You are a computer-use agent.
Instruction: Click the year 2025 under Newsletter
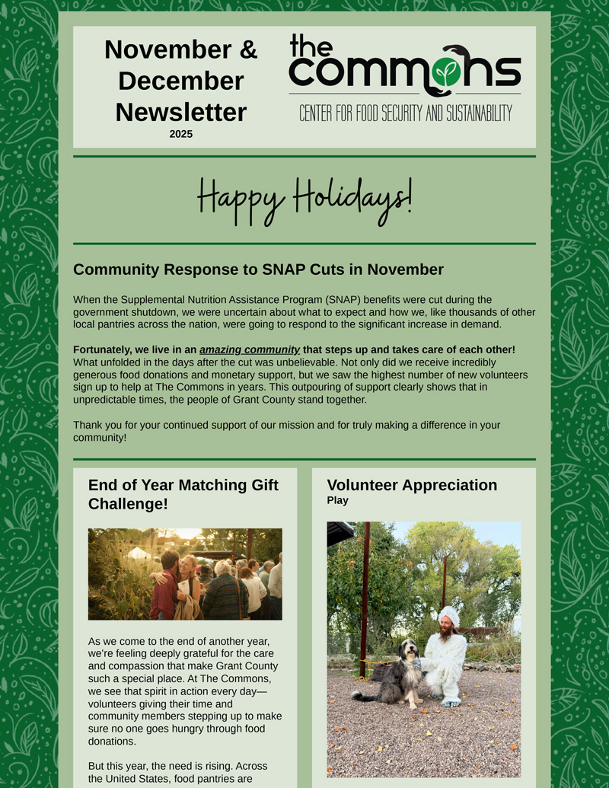pos(181,134)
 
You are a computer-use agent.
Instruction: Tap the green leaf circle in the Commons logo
pos(447,72)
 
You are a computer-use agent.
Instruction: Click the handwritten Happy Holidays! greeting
pos(304,199)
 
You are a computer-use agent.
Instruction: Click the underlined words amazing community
pos(250,349)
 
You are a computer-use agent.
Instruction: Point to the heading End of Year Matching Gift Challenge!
pos(183,494)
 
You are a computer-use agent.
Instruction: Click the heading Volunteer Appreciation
pos(412,485)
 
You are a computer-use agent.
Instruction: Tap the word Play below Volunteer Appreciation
pos(337,500)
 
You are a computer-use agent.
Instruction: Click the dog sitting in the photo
pos(400,670)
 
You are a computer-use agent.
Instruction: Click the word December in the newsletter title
pos(181,81)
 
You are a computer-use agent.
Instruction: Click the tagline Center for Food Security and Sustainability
pos(405,113)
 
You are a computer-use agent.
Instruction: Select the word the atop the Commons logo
pos(311,46)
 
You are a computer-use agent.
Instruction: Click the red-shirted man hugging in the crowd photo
pos(165,586)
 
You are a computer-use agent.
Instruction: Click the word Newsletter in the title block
pos(181,112)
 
